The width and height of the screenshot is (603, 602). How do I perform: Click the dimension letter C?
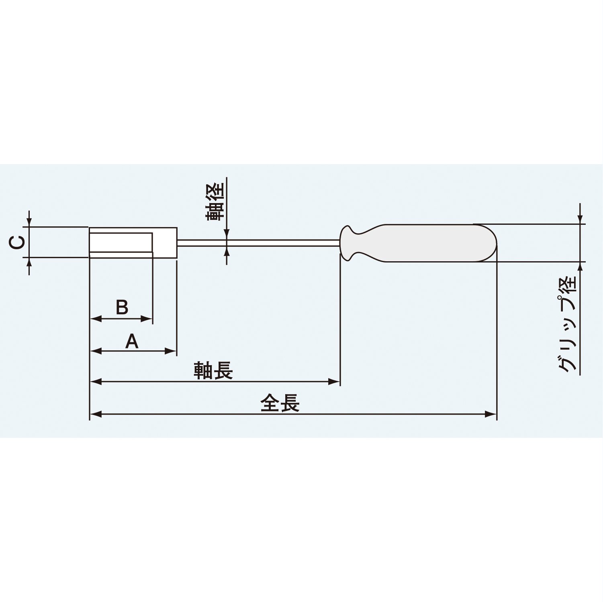click(17, 242)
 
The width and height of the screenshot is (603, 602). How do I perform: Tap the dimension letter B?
click(122, 307)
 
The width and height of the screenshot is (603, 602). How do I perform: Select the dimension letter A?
click(132, 342)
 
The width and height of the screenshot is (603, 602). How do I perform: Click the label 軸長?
click(213, 370)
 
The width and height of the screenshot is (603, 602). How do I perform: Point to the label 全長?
click(280, 403)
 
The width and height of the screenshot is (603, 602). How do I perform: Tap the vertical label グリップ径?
click(568, 324)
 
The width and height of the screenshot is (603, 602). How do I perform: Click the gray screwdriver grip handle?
click(434, 243)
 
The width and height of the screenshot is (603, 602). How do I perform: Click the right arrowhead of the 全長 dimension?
click(492, 414)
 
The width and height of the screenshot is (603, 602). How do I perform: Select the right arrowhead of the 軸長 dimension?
click(335, 382)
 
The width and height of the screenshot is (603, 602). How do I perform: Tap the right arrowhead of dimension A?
click(172, 351)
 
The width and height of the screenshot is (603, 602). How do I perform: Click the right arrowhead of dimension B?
click(147, 319)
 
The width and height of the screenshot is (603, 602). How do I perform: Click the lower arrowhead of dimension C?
click(29, 262)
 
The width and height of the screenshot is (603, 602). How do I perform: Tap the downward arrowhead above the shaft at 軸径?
click(227, 235)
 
